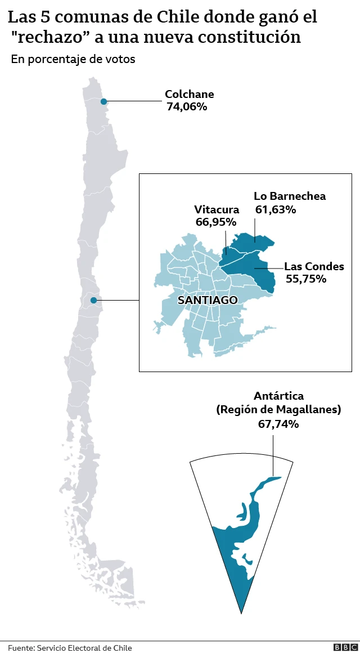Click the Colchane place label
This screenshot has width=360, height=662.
(x=189, y=94)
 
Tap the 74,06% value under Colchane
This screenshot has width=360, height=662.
(x=187, y=106)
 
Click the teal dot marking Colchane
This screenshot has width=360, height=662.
(x=103, y=101)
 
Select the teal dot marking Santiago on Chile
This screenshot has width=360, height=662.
(x=93, y=300)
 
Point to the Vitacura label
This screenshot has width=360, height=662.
(x=217, y=209)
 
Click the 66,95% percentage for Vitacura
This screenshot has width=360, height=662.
(x=215, y=222)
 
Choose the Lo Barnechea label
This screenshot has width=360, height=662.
(x=290, y=196)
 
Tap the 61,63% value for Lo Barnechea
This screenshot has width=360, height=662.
(x=276, y=209)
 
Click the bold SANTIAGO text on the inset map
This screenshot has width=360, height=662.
(x=208, y=300)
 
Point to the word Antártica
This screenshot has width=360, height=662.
(x=278, y=396)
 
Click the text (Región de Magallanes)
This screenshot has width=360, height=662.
(x=278, y=410)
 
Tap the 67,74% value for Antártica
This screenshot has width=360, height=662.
(x=278, y=424)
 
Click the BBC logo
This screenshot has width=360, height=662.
(x=341, y=648)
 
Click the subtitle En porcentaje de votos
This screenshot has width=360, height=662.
(x=73, y=59)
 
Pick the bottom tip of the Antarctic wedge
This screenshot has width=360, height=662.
(x=241, y=612)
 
